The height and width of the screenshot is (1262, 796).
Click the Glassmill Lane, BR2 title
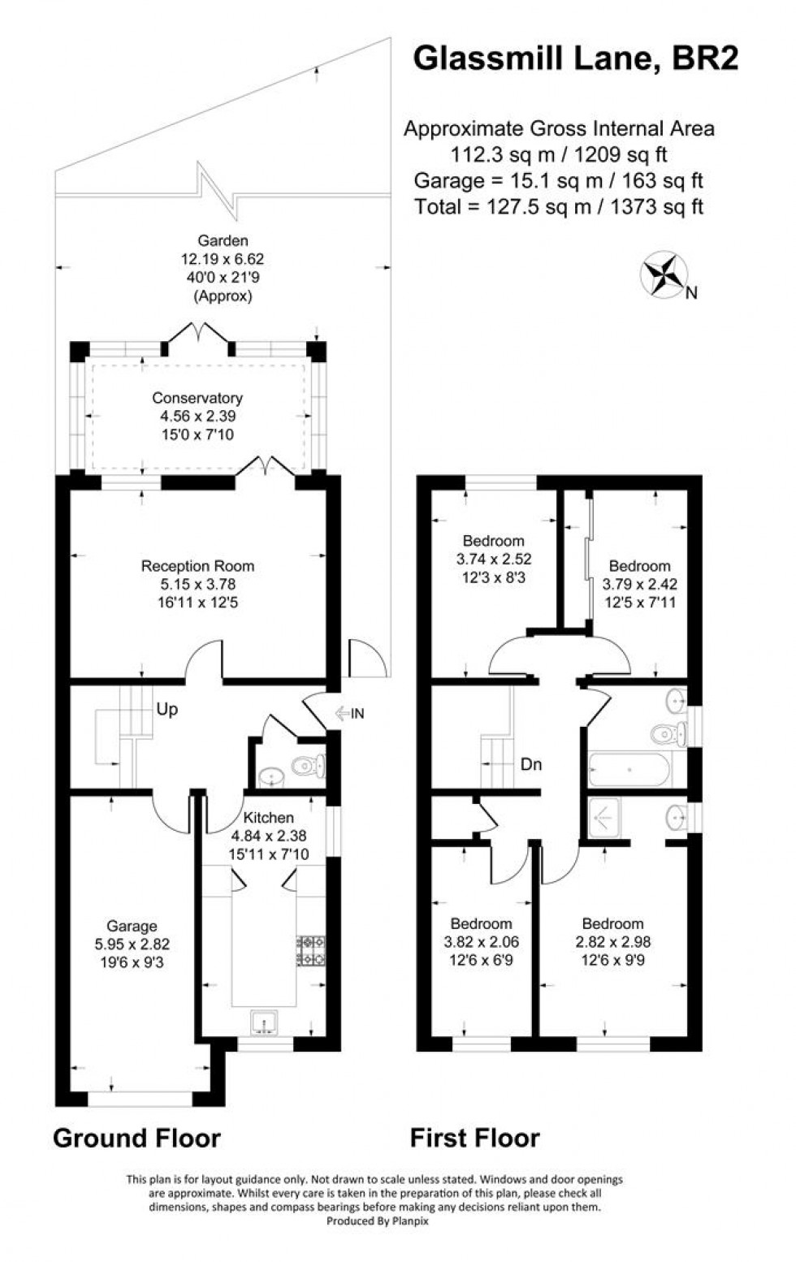[x=575, y=58]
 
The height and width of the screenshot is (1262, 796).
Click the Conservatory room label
[x=197, y=398]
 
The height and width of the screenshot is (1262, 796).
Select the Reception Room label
[x=197, y=566]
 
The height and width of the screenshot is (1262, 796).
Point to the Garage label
[x=132, y=926]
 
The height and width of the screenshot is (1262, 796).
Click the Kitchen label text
[x=269, y=818]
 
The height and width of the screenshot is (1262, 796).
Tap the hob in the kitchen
[x=313, y=951]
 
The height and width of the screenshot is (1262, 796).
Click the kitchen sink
[x=264, y=1022]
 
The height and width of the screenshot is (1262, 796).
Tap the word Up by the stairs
[x=167, y=710]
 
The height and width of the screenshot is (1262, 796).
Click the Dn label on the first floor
[x=530, y=764]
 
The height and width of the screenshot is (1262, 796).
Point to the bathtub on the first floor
[x=630, y=769]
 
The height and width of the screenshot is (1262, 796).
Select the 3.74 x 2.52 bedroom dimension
[x=494, y=559]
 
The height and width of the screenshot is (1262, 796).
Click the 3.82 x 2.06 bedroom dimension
[x=481, y=942]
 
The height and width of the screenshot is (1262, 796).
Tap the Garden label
[x=223, y=240]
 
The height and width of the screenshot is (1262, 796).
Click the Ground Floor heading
[x=136, y=1139]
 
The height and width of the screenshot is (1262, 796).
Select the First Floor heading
[x=474, y=1139]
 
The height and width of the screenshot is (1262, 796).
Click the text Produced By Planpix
[x=374, y=1221]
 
